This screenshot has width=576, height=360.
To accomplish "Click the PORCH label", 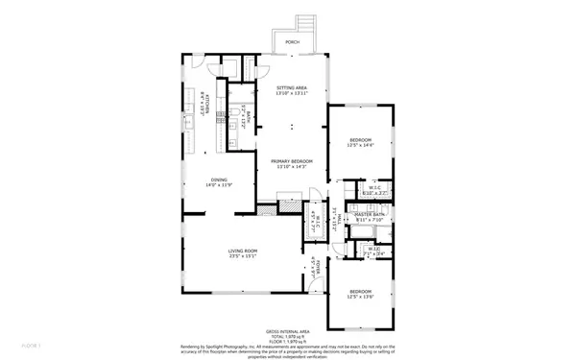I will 292,42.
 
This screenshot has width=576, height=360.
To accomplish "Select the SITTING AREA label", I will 292,87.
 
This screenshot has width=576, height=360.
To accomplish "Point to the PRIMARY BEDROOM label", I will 292,161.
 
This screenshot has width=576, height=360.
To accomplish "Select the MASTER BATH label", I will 370,214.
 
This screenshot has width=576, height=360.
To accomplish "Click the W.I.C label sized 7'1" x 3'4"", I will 374,252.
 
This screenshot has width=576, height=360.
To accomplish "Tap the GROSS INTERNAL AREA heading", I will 293,328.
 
